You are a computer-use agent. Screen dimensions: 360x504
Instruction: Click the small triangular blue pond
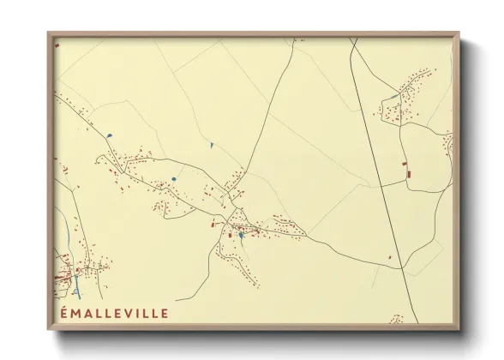click(x=212, y=145)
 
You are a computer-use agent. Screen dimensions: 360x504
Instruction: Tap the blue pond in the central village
click(x=243, y=234)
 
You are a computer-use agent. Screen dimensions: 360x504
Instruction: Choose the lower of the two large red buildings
click(x=409, y=175)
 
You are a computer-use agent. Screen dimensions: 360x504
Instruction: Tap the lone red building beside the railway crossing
click(x=390, y=256)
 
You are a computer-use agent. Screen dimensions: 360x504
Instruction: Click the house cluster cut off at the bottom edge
click(x=396, y=319)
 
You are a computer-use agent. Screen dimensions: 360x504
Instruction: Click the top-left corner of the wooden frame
click(x=49, y=33)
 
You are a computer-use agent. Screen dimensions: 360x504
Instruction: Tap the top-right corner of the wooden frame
click(x=459, y=33)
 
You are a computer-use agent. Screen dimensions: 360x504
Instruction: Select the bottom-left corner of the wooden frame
click(x=49, y=330)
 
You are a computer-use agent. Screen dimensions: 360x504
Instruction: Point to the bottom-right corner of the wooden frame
click(x=459, y=330)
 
